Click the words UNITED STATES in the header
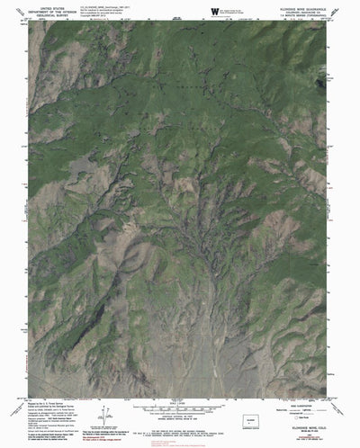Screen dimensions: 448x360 coord(53,6)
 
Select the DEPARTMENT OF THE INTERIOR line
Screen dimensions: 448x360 coord(53,10)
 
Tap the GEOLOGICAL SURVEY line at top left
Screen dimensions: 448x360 coord(53,14)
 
